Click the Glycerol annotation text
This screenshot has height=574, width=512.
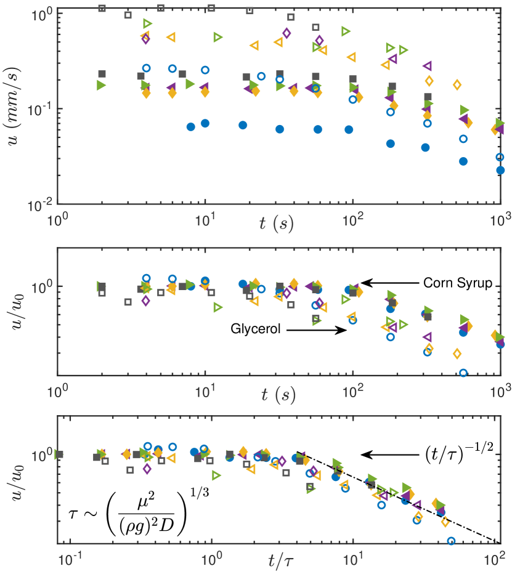tap(256, 329)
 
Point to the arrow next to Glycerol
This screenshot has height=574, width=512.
tap(316, 330)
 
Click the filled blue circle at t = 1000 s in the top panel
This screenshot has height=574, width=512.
tap(500, 170)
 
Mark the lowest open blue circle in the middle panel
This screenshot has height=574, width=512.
tap(463, 373)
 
